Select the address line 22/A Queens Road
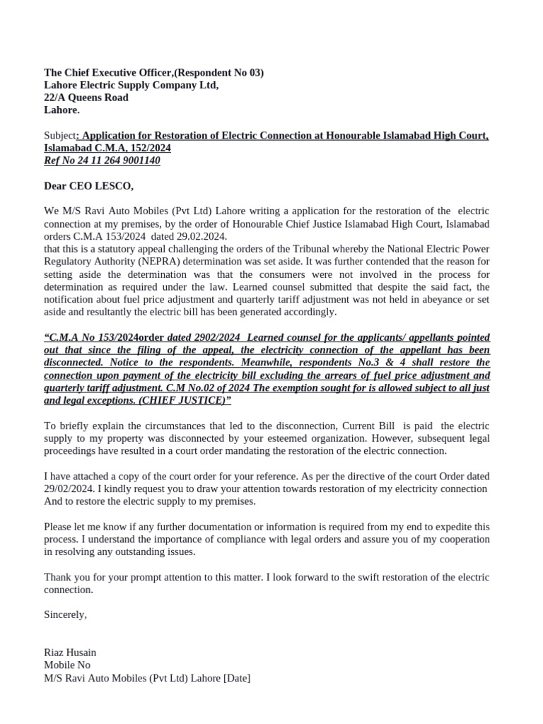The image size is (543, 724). point(86,98)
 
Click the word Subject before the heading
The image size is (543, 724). point(59,135)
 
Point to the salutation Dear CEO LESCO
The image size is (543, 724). point(88,186)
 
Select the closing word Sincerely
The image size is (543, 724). point(65,614)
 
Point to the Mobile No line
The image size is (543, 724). point(67,665)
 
